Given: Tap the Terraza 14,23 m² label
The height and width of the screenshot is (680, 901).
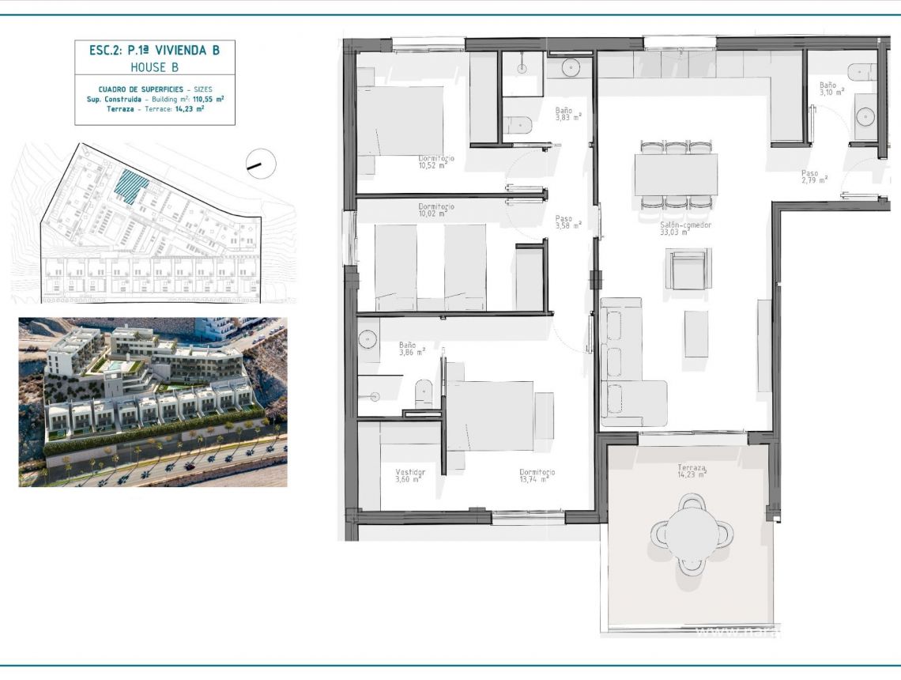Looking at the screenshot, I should pos(692,471).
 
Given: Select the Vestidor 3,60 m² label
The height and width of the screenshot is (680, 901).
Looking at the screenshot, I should pos(409,475).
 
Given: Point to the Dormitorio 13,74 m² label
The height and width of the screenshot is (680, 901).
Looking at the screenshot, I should pos(537,475).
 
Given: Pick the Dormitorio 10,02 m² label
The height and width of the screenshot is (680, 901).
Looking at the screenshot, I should pos(436,210).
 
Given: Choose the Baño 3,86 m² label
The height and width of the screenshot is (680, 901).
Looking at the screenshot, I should pos(411,349).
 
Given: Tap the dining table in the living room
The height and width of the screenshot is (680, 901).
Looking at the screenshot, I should pos(676,174).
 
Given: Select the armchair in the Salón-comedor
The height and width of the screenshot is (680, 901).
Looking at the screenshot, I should pos(688,269).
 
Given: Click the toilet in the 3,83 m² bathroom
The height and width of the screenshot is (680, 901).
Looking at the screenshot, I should pos(518,125).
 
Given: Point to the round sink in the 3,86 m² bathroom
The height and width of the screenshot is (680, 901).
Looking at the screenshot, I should pos(369,340).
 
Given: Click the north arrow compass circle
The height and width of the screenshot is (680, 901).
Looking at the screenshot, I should pos(261,164).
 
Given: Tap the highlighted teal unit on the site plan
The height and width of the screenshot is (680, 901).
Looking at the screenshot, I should pos(131,186).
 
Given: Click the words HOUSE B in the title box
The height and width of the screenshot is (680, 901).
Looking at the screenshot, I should pos(155,67).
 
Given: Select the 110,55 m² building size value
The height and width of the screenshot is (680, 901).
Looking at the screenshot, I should pos(208,100).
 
